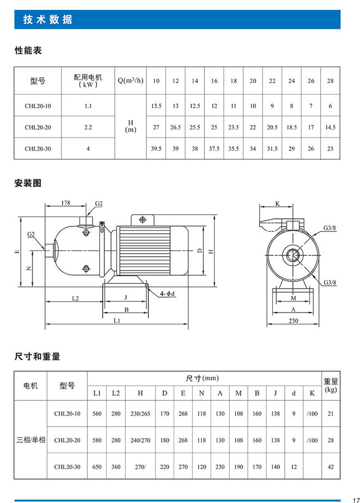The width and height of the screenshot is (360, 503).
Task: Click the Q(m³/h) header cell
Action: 131,80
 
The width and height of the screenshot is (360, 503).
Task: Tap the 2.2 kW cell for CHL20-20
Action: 88,127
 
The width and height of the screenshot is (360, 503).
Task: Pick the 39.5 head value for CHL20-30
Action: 156,148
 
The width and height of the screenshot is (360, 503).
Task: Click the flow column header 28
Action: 330,81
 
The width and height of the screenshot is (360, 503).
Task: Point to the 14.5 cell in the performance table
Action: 330,127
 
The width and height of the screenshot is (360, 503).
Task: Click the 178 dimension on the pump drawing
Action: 66,203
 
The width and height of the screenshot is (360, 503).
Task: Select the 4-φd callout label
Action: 168,293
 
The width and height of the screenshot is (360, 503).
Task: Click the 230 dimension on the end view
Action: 294,320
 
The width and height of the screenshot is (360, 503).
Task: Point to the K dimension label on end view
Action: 277,204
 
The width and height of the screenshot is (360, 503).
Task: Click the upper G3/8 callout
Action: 329,227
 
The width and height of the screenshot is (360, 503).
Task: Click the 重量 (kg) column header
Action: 331,385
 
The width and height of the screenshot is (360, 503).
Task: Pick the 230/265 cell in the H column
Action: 140,414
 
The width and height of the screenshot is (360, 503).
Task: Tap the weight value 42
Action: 331,466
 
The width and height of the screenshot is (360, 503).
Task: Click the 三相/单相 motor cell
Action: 31,440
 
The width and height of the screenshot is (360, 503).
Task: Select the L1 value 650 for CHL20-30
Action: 97,466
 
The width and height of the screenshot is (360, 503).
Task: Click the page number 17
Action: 355,498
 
